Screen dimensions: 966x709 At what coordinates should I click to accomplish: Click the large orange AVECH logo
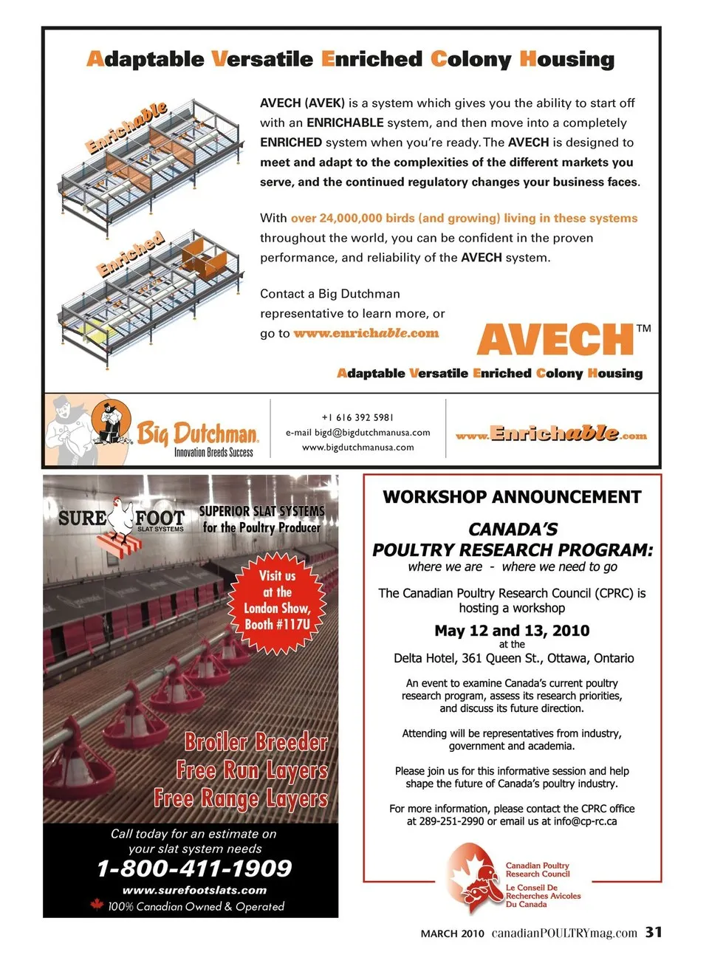555,340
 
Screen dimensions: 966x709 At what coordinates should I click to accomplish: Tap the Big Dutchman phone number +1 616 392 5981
357,417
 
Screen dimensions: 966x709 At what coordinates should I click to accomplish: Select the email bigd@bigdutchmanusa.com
357,433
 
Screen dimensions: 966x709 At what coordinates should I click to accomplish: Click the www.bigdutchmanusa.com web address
357,448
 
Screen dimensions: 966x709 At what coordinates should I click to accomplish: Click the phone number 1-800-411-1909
194,869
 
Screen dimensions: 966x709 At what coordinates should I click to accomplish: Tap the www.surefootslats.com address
194,890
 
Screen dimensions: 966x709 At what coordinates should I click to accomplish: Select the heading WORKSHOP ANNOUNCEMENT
512,497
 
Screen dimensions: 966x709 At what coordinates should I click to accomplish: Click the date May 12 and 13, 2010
512,631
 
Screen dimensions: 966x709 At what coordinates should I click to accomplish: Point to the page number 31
653,932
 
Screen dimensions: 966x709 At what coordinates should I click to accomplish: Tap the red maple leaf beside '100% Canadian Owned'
96,905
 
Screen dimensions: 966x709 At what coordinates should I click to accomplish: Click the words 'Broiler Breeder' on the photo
256,741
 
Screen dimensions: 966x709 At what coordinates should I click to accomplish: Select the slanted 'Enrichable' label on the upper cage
127,127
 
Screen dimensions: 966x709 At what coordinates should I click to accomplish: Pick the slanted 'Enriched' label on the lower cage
131,253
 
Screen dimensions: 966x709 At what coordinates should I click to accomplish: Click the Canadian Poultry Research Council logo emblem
474,879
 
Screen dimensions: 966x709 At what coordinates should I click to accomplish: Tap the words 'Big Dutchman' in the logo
197,433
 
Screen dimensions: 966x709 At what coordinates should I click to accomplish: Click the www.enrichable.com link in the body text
366,333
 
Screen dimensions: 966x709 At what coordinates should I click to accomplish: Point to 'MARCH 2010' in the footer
452,934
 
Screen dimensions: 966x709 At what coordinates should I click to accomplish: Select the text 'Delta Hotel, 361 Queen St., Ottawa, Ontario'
513,658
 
